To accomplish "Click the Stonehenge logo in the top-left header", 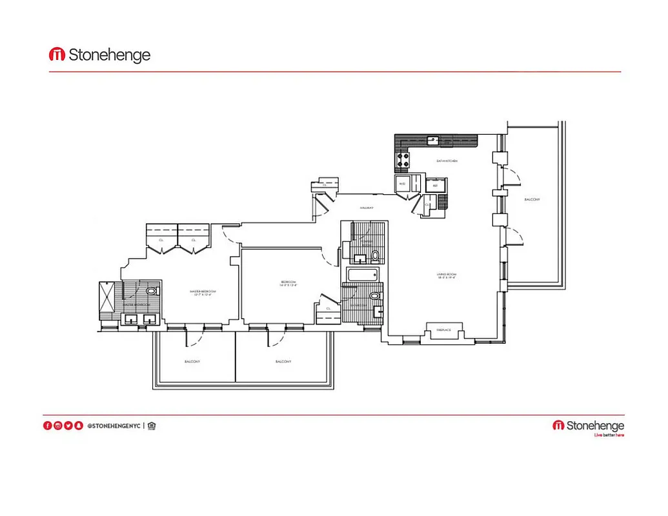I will (99, 55).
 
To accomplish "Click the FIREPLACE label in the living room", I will (443, 330).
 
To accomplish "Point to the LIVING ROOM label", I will (447, 275).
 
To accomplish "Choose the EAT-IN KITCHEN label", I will (447, 161).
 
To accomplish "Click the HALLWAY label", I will (367, 208).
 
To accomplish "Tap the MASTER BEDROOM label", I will (203, 292).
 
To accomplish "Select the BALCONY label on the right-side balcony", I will (532, 199).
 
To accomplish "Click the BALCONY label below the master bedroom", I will (192, 362).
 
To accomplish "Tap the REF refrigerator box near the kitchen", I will (435, 184).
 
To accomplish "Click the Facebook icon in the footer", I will (47, 426).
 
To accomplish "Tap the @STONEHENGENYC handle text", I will (113, 426).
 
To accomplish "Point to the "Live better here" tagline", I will (609, 435).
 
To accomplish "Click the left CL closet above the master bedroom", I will (161, 239).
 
